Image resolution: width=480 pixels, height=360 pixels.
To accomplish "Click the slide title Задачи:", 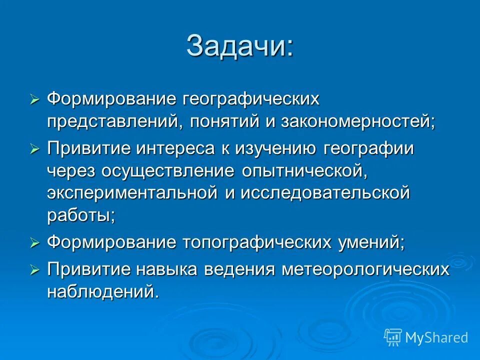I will pos(240,46).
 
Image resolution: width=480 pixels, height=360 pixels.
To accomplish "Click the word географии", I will pos(368,149).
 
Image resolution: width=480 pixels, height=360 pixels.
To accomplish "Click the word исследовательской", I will pos(325,193).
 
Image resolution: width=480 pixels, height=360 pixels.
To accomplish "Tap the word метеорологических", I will pos(365,269).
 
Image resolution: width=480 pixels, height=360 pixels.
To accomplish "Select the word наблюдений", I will pos(102,291).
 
